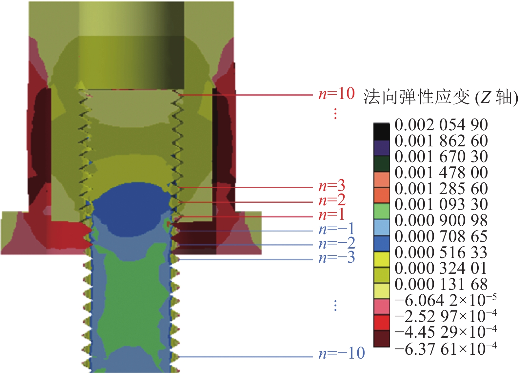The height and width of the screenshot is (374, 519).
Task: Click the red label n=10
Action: pos(336,94)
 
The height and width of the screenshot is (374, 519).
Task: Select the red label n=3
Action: pos(332,186)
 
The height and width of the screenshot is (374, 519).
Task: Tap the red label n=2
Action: pos(332,200)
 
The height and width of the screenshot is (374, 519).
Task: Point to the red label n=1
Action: pos(331,215)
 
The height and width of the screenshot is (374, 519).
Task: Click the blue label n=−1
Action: pos(336,229)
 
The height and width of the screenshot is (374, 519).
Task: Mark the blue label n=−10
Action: pos(342,353)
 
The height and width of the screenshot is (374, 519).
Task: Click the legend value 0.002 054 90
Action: pos(441,125)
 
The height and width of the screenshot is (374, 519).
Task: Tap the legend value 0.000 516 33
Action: pos(441,252)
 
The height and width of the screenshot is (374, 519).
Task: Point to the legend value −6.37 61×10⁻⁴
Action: pos(445,349)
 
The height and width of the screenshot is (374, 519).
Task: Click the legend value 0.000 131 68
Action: pos(441,284)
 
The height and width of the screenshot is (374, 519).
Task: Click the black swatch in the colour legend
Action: pos(381,131)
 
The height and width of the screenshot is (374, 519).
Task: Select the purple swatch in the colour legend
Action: pos(381,148)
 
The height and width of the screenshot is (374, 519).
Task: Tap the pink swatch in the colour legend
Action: pos(381,307)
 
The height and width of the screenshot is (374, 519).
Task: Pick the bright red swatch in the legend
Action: pos(381,322)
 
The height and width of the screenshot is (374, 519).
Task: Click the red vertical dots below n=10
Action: pos(335,114)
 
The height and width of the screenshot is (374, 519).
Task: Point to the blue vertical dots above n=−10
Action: pos(335,306)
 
